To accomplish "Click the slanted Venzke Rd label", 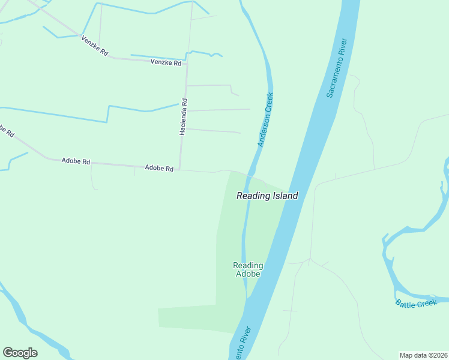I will click(94, 46).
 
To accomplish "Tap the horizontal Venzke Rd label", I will click(166, 62).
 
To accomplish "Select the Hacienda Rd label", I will click(184, 116).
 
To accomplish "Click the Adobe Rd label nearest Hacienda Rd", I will click(159, 169).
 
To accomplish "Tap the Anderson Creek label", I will click(265, 119).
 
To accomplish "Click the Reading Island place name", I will click(267, 196).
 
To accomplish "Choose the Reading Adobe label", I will click(248, 269).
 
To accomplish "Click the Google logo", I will click(20, 353).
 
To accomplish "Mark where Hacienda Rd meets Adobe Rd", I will click(179, 170).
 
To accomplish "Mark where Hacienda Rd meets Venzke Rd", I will click(187, 62).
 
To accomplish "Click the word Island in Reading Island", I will click(285, 196).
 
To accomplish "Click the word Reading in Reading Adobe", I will click(248, 265).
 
